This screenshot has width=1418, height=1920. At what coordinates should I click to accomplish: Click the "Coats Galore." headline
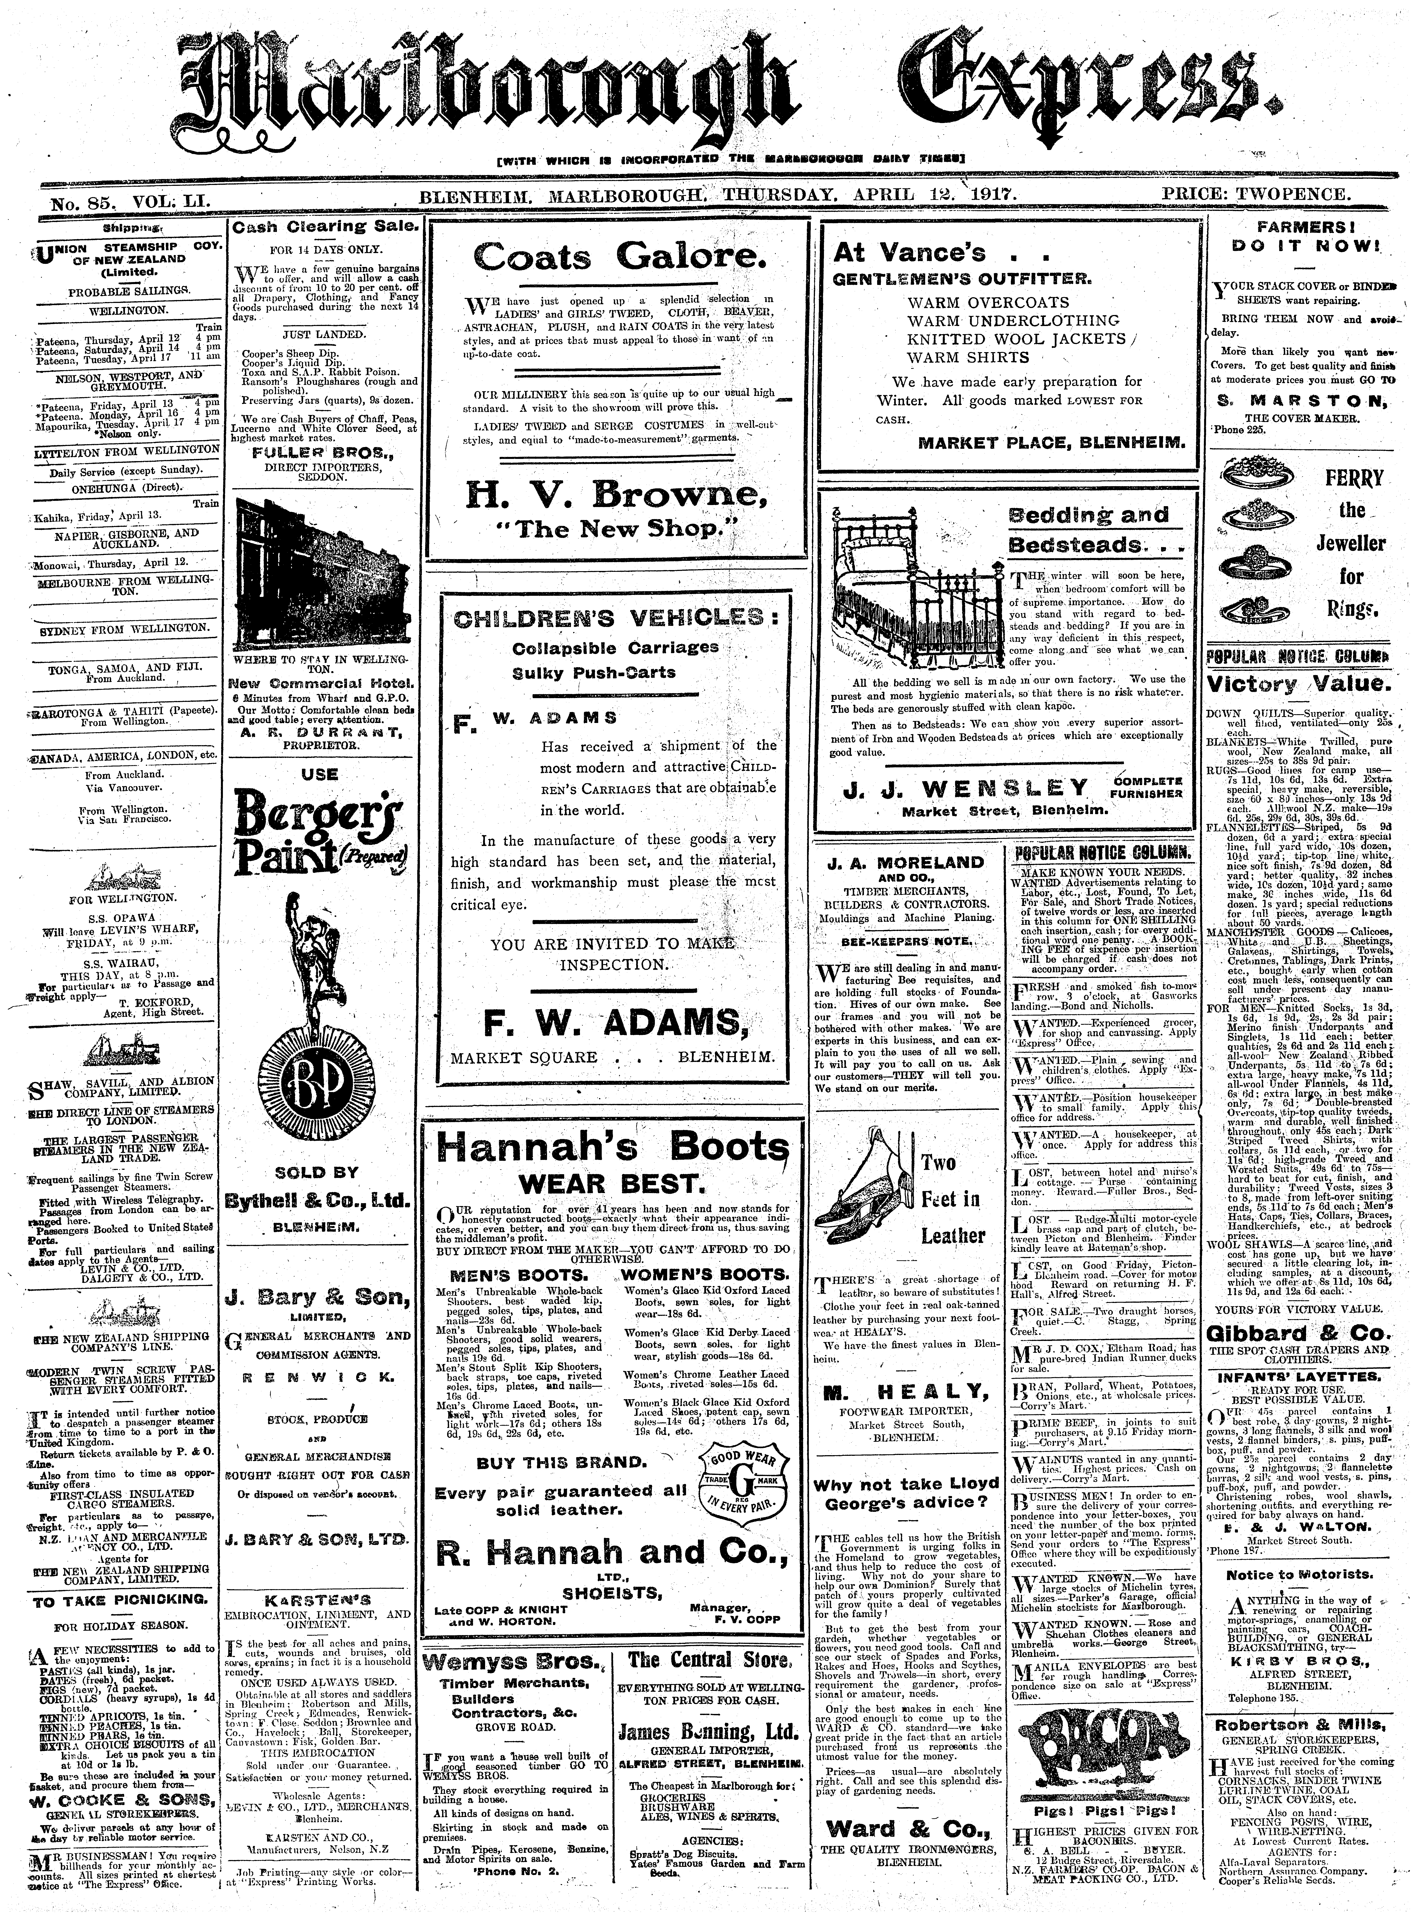[x=616, y=257]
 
